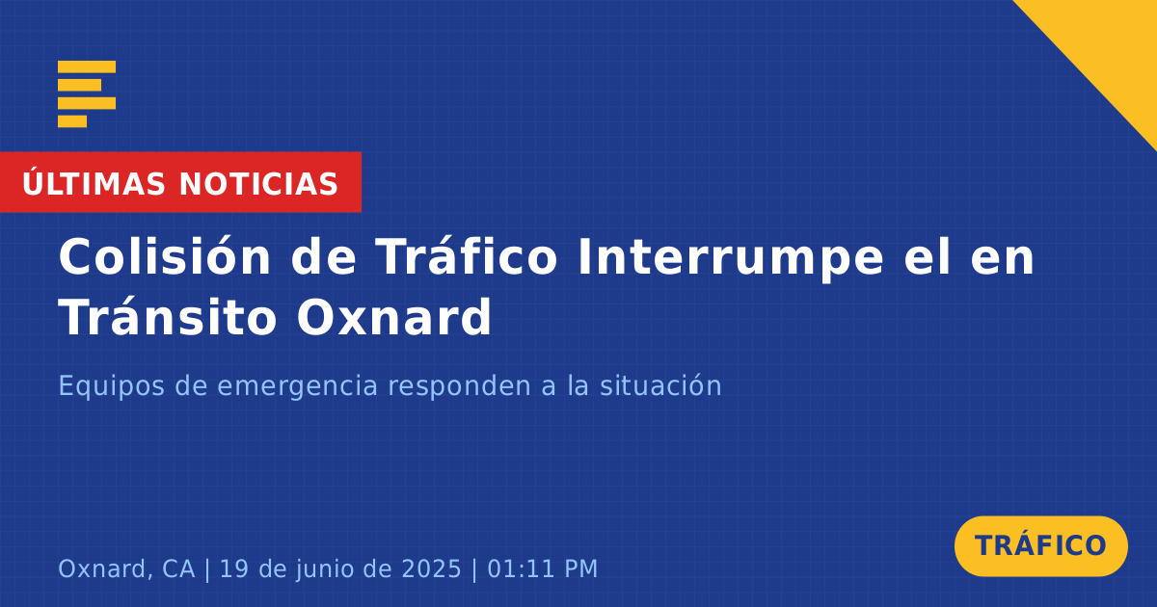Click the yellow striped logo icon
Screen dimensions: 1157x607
pos(87,94)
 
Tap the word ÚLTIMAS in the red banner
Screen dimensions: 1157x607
pos(94,182)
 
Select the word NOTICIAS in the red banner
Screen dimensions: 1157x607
pos(258,184)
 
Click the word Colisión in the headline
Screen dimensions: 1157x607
pos(164,256)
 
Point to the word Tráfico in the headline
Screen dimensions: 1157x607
pos(467,256)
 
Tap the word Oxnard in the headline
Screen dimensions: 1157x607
pos(393,316)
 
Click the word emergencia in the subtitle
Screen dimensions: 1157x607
pos(298,386)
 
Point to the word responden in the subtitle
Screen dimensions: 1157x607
pos(460,386)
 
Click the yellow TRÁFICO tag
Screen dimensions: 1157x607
pos(1040,546)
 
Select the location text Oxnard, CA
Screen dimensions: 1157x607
pos(126,569)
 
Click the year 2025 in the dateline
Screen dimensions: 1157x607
pos(431,569)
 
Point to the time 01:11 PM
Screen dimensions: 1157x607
pos(542,569)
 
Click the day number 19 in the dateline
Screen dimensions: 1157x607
pos(234,569)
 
